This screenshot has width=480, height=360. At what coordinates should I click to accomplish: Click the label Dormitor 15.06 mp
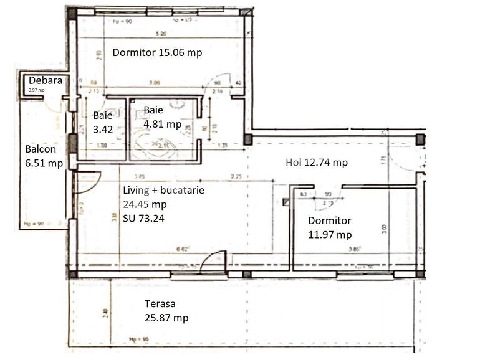(x=157, y=53)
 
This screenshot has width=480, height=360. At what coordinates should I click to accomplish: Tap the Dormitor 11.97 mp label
(x=330, y=227)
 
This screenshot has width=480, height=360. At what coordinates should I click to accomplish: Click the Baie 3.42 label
(x=102, y=122)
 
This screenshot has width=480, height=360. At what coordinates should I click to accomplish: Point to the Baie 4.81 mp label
(x=162, y=117)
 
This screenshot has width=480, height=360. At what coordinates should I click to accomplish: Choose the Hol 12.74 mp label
(x=317, y=163)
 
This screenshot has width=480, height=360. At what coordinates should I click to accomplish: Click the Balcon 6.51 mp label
(x=44, y=156)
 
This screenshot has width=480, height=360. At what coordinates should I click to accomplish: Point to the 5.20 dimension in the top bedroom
(x=160, y=32)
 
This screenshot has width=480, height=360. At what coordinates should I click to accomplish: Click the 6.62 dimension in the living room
(x=183, y=250)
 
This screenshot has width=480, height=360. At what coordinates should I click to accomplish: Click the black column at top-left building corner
(x=72, y=12)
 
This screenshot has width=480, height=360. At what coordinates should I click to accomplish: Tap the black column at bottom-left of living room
(x=73, y=274)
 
